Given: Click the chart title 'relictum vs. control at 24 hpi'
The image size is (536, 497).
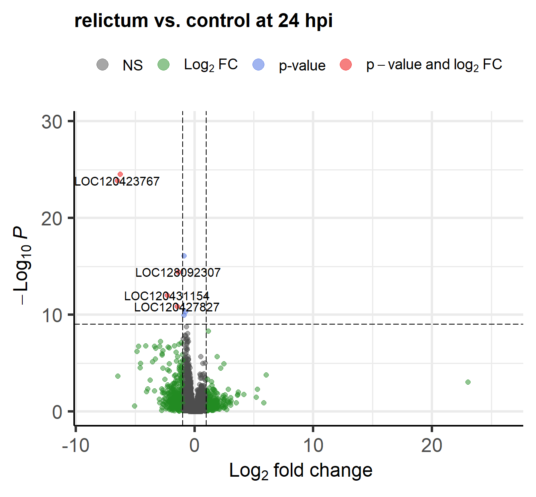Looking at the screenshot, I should point(203,21).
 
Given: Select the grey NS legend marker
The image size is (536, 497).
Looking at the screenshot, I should point(102,65).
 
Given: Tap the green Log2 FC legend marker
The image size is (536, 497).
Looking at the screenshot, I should point(164,65).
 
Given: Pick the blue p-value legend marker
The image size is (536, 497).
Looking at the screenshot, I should point(259,65).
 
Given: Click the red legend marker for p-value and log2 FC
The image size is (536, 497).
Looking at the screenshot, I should point(346,65).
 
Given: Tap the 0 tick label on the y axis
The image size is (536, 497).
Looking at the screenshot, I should point(57,412).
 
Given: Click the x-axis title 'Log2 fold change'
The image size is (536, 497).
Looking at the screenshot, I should point(301,471).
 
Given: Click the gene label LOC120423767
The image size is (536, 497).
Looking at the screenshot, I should point(117,182).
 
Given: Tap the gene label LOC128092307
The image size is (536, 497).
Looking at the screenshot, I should point(178,273).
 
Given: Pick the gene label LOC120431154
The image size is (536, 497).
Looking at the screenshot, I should point(167,296).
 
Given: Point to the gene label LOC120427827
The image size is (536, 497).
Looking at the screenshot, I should point(177,307).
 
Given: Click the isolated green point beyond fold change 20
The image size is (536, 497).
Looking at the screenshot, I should point(468,382).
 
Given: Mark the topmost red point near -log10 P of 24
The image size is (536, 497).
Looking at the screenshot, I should point(120,174).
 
